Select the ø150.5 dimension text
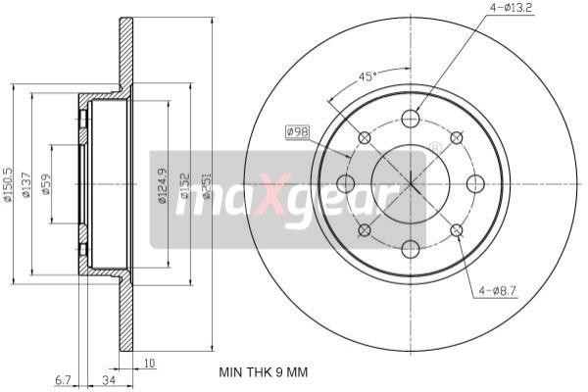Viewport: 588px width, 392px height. click(x=9, y=183)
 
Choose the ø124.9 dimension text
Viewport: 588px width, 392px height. click(x=162, y=183)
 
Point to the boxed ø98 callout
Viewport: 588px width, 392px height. click(x=298, y=131)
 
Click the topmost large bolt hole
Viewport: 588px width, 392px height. click(x=411, y=117)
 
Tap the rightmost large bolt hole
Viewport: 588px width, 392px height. click(x=476, y=183)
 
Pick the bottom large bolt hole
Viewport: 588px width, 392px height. click(x=411, y=249)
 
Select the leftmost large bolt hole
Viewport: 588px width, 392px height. click(x=345, y=183)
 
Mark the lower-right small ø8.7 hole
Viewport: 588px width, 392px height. click(x=457, y=230)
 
